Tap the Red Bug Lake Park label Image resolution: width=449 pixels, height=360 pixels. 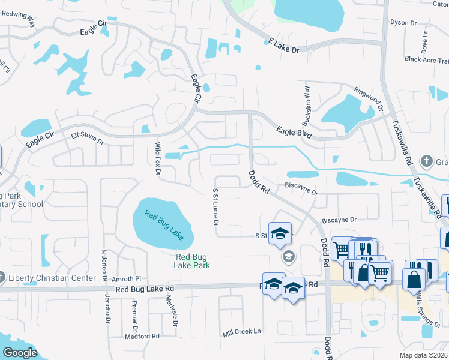click(192, 260)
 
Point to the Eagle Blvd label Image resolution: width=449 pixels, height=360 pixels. click(294, 132)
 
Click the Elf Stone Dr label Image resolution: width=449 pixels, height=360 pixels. click(88, 139)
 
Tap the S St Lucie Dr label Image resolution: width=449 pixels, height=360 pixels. click(215, 207)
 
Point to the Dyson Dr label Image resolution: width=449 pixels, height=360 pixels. click(403, 23)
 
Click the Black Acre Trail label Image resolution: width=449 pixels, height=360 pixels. click(426, 59)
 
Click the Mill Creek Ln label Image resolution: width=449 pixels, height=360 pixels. click(243, 331)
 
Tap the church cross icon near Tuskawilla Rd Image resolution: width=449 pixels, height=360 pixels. click(426, 161)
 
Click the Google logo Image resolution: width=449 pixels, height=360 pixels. click(20, 353)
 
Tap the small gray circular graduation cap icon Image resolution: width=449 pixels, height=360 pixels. click(288, 257)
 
